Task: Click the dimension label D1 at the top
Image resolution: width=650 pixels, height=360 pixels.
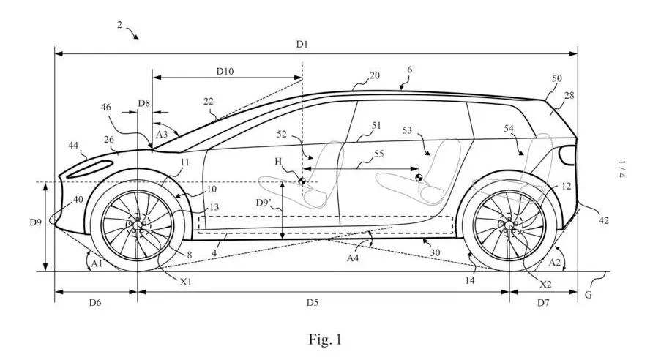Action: pos(302,44)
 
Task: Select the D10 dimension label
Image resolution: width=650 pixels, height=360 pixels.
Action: pos(225,71)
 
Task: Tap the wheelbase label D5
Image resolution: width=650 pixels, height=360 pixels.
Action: pos(313,302)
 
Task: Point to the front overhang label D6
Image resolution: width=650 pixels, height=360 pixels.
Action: pos(95,302)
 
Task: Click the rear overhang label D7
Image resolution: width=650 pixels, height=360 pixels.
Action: pos(543,303)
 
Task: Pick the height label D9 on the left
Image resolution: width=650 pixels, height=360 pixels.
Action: pos(35,222)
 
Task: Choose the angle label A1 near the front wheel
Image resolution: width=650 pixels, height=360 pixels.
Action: pos(97,263)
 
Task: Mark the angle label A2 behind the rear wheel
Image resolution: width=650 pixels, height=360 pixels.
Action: pos(554,262)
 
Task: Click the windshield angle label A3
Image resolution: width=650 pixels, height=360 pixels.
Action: pos(162,134)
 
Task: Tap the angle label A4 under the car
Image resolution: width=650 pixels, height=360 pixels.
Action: pos(352,258)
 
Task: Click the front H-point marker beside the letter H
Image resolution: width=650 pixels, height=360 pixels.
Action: pos(302,181)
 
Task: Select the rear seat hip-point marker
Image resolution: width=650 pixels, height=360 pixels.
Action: pos(418,178)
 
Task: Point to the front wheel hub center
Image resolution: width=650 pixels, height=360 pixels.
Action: pos(137,225)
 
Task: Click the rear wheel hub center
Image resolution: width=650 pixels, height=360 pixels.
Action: pos(509,225)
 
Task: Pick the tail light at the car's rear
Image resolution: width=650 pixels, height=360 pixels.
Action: pos(567,155)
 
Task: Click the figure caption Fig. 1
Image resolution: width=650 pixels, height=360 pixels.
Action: pos(325,340)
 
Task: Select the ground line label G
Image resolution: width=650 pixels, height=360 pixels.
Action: pos(588,295)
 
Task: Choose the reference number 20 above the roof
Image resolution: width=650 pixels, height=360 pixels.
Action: pos(374,75)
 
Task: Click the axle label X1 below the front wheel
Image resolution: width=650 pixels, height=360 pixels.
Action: pos(185,282)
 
